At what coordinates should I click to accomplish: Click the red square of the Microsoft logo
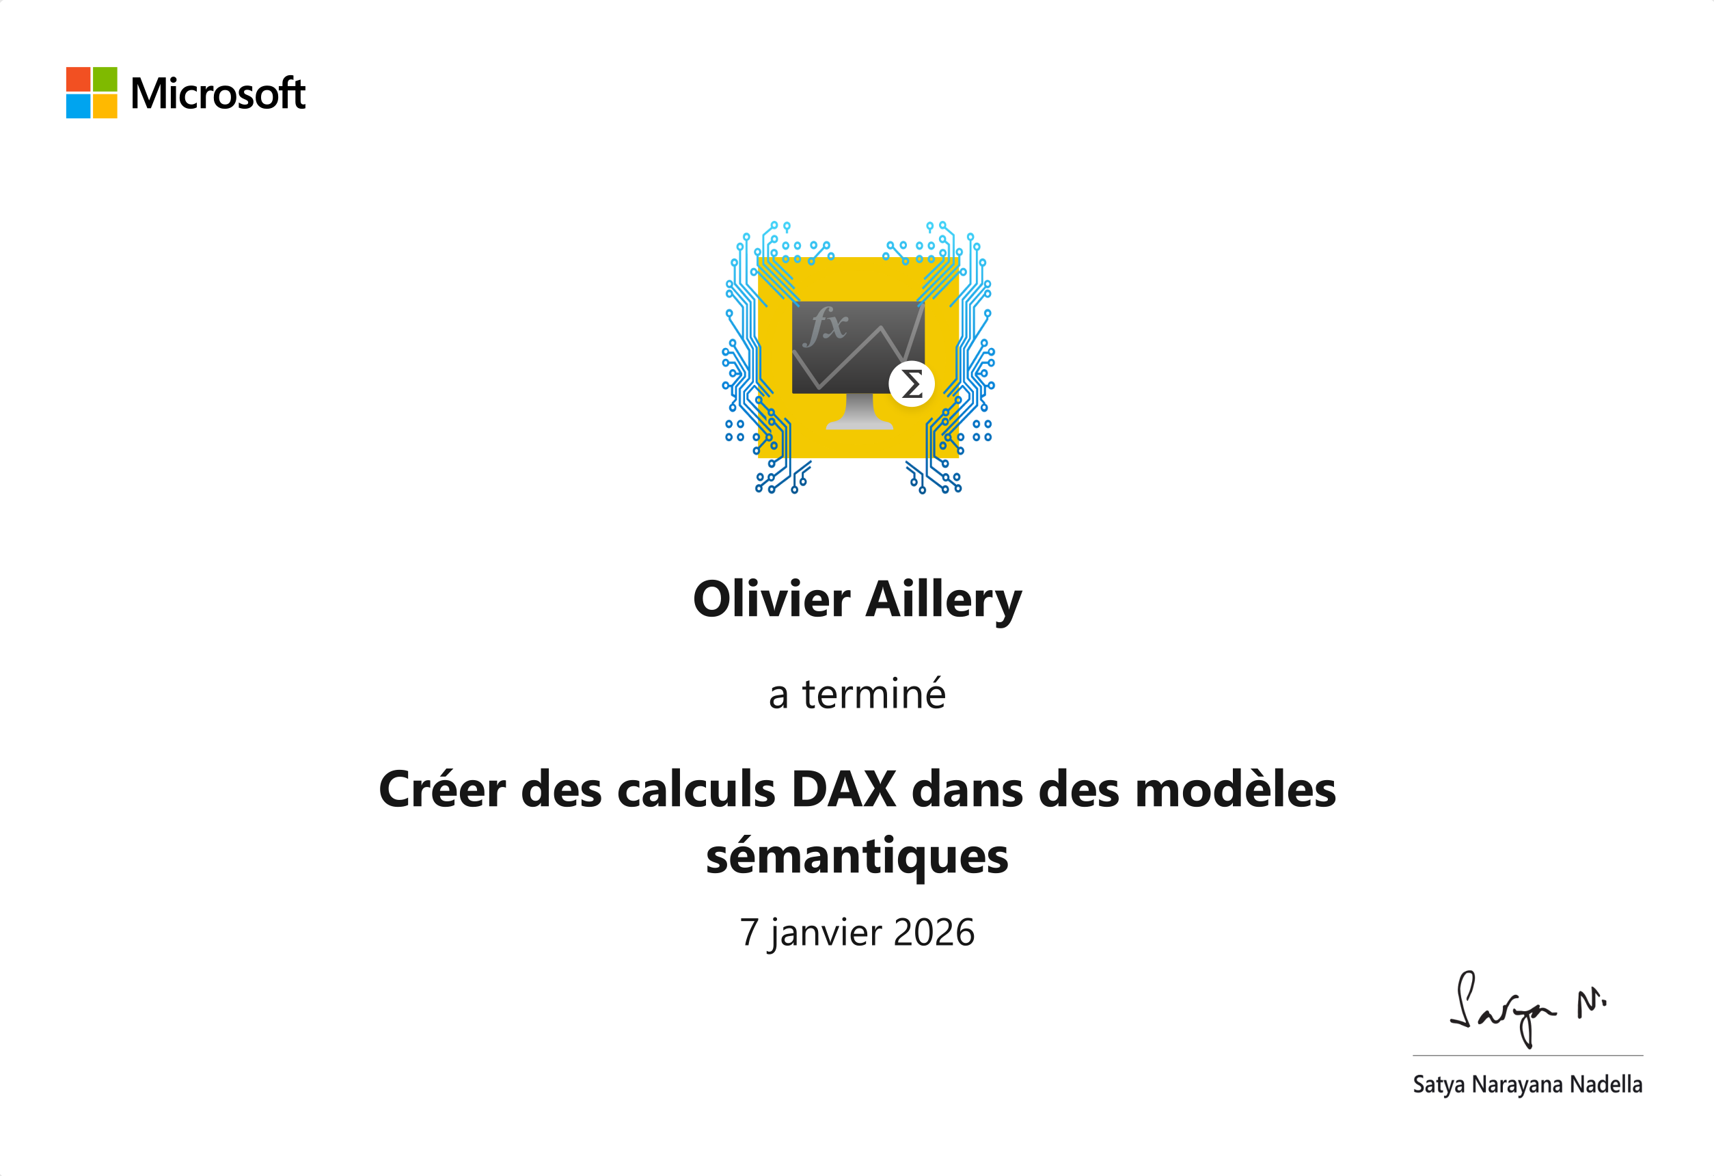(78, 79)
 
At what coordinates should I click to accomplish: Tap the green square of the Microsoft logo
(105, 79)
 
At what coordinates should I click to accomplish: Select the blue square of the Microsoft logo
(78, 105)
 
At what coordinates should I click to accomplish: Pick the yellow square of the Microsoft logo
(105, 105)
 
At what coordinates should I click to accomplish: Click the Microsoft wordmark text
(217, 93)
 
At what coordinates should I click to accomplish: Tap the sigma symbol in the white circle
(912, 384)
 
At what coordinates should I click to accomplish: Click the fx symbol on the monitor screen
(826, 325)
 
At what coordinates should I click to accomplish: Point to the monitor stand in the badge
(859, 411)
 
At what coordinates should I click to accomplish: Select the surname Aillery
(944, 600)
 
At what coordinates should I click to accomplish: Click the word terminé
(874, 693)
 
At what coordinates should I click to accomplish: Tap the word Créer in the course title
(443, 789)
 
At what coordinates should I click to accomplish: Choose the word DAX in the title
(844, 790)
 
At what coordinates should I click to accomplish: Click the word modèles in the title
(1236, 789)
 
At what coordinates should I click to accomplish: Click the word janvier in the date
(826, 933)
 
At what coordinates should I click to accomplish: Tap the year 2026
(934, 933)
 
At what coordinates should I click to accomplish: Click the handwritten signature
(1527, 1009)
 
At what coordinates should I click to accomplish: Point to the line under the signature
(1527, 1055)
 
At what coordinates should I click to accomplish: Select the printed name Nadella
(1606, 1084)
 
